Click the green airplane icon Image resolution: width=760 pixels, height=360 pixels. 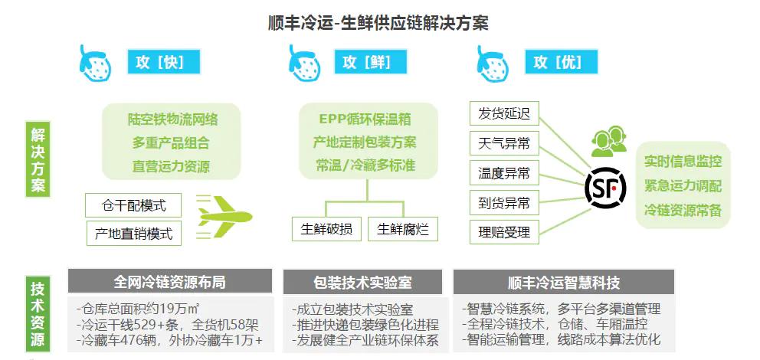[x=224, y=217]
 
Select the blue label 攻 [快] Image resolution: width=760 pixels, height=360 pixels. [x=163, y=62]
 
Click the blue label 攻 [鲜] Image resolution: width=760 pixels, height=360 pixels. [x=370, y=62]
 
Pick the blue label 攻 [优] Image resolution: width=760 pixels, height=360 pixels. [x=562, y=62]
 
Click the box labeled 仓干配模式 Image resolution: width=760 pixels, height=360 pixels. [x=133, y=205]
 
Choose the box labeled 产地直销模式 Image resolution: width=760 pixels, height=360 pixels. [x=133, y=234]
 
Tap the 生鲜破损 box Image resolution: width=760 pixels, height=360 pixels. [x=327, y=229]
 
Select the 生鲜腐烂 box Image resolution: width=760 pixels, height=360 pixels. [x=403, y=229]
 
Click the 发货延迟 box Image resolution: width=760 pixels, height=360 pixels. [x=504, y=114]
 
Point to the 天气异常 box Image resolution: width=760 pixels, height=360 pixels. [x=504, y=143]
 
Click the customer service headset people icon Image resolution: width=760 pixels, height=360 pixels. [x=609, y=141]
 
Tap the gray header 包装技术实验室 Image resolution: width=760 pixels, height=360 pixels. [x=362, y=282]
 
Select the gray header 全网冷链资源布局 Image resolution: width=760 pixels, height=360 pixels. [x=169, y=282]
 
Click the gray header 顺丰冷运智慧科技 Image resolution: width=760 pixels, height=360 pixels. [x=564, y=282]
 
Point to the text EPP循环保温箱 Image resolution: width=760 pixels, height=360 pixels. [x=368, y=119]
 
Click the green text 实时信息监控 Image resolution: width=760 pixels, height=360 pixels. [x=683, y=161]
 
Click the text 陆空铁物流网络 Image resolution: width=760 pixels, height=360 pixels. [x=173, y=119]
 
